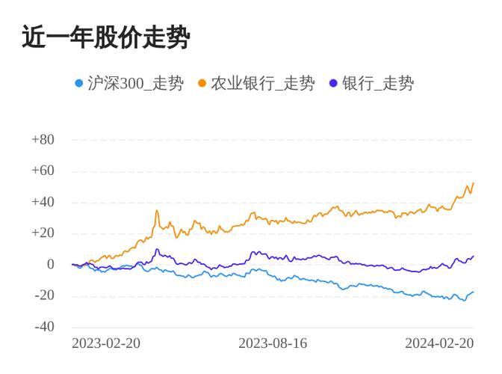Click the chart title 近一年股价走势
[x=105, y=37]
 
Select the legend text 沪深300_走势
[x=135, y=84]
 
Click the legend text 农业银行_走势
[x=262, y=84]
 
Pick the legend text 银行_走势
[x=377, y=84]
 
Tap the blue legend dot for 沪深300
[x=79, y=84]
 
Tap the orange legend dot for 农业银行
[x=202, y=84]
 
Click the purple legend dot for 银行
[x=333, y=84]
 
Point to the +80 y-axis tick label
[x=43, y=140]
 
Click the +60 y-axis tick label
[x=43, y=171]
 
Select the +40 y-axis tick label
[x=43, y=202]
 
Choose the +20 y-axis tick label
[x=43, y=233]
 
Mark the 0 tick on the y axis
[x=50, y=264]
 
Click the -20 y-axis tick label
[x=44, y=295]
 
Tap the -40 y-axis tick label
[x=44, y=327]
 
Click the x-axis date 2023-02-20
[x=106, y=343]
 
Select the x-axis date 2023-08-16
[x=273, y=343]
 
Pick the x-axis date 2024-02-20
[x=439, y=343]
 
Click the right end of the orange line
[x=474, y=183]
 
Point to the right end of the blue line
[x=474, y=292]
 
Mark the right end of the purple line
[x=474, y=256]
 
